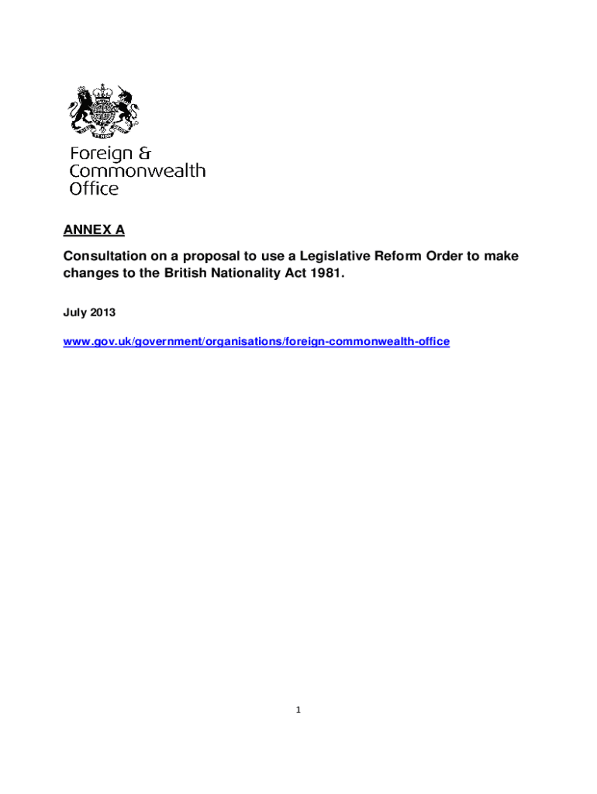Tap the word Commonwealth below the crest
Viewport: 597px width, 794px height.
click(137, 171)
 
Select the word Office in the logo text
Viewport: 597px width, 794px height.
click(94, 188)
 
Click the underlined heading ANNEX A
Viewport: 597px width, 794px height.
click(93, 230)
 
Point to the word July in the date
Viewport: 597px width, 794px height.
click(74, 312)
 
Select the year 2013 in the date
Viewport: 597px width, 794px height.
click(102, 312)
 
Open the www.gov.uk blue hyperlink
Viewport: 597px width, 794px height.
click(256, 341)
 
